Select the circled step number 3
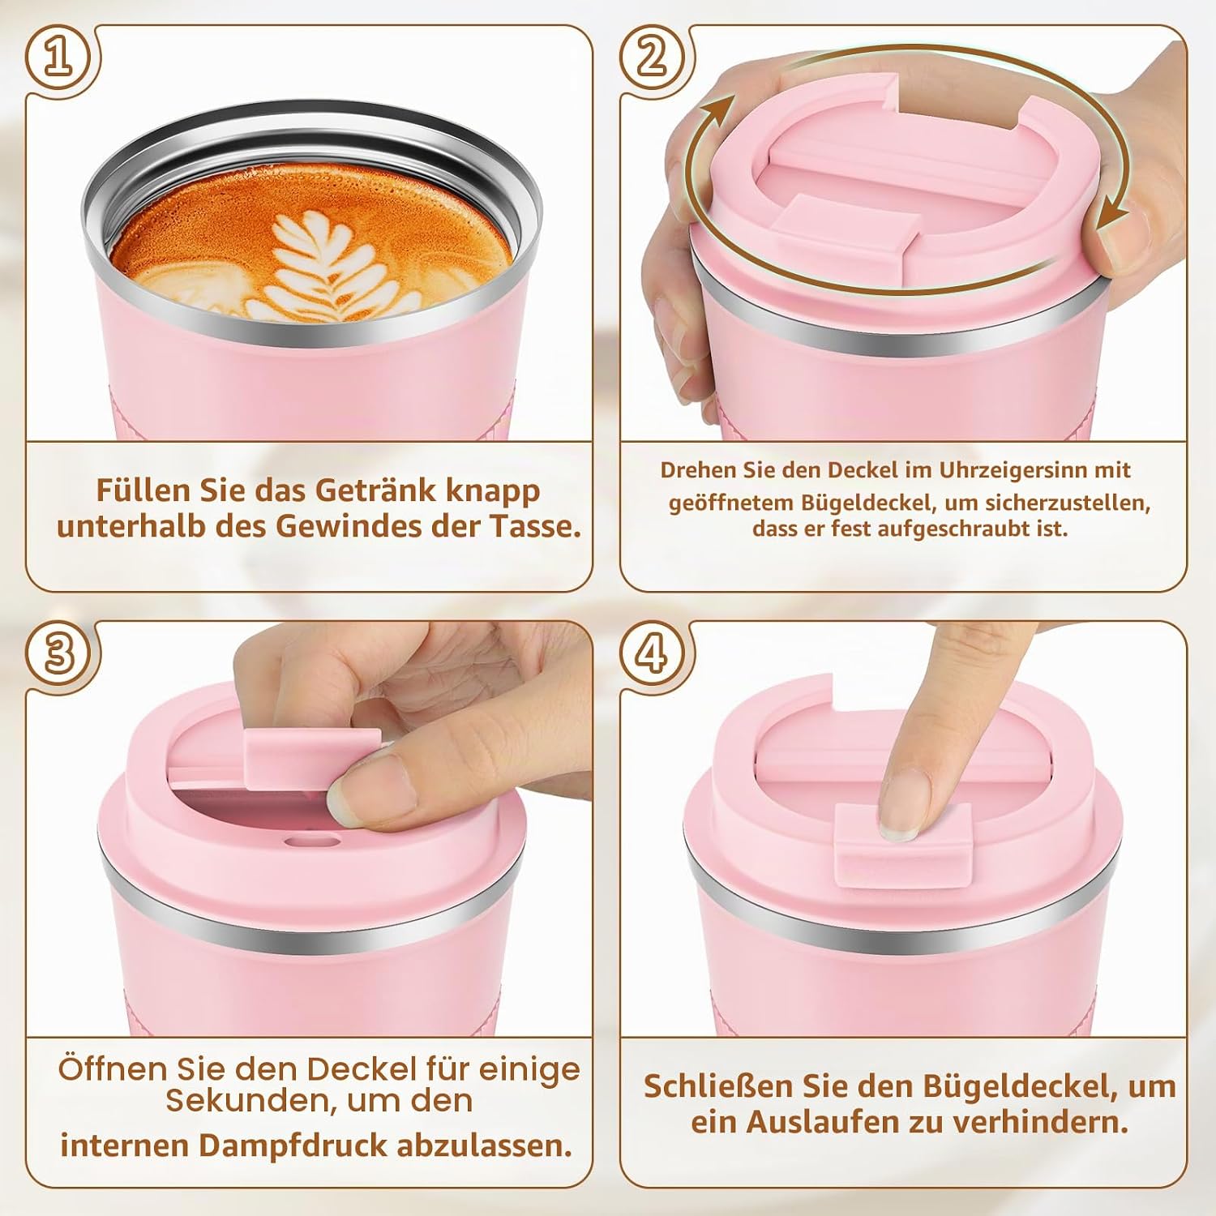click(58, 653)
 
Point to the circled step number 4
click(653, 653)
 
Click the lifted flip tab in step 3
click(312, 757)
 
